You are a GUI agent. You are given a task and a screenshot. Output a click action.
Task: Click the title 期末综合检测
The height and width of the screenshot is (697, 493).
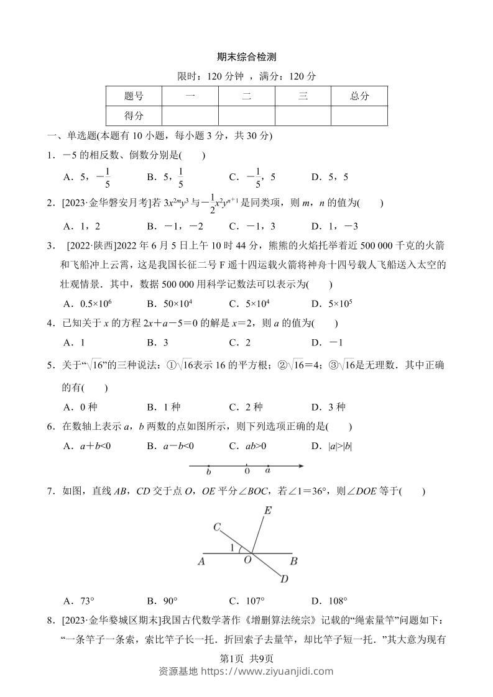246,57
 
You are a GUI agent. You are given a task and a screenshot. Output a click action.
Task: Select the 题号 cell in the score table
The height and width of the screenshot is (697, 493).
134,96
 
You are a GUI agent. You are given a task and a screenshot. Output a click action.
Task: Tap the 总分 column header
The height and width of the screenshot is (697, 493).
359,96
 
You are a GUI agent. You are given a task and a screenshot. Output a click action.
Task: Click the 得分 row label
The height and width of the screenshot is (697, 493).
134,116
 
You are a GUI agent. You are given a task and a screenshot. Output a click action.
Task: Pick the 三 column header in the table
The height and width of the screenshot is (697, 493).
303,96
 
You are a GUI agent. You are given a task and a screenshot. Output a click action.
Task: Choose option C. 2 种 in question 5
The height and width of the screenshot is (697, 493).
246,407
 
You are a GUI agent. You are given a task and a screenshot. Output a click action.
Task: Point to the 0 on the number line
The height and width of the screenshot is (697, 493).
247,471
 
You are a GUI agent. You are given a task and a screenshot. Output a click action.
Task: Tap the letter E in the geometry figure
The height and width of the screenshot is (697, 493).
268,511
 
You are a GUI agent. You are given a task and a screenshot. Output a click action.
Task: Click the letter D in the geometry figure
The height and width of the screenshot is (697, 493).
284,579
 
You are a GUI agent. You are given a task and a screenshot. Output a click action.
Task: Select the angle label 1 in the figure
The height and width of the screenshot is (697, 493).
233,547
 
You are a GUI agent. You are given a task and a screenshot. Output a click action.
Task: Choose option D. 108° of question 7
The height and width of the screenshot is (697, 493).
329,601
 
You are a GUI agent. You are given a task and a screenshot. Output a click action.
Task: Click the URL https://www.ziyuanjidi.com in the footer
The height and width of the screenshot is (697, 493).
274,671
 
